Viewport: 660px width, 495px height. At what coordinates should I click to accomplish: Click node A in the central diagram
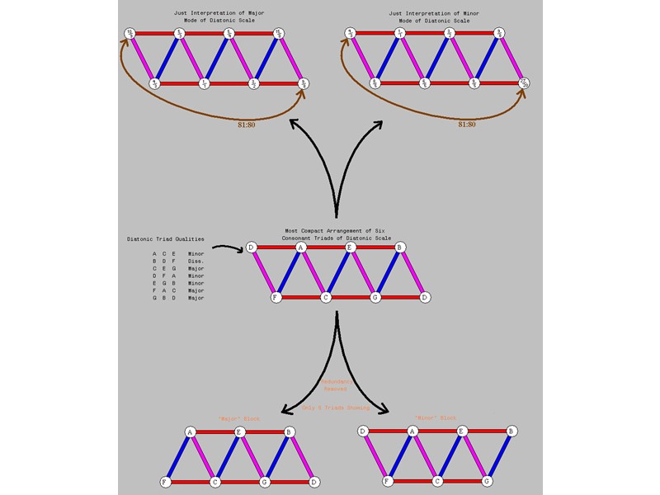point(301,247)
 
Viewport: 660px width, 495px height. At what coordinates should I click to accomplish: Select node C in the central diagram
point(326,297)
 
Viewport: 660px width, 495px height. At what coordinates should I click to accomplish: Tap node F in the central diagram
point(276,297)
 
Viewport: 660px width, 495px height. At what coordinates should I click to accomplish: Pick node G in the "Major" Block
point(264,482)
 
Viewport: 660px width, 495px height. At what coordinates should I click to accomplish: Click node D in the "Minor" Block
point(363,431)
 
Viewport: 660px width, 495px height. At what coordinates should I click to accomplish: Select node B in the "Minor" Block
point(511,431)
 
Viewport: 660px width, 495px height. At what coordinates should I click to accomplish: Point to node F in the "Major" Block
point(165,482)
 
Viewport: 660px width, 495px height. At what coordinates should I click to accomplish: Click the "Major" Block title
point(239,419)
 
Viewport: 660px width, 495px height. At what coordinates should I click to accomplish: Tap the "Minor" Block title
point(436,418)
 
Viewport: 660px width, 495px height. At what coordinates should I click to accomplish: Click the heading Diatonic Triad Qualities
point(165,239)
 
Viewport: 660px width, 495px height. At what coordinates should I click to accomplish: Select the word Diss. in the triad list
point(195,262)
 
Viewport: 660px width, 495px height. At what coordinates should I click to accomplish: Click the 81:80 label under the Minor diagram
point(466,125)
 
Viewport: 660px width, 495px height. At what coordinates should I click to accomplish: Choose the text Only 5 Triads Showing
point(337,408)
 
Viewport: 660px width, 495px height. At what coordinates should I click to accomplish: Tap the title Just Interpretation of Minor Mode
point(434,16)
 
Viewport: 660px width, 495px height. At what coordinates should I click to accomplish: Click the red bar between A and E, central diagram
point(326,247)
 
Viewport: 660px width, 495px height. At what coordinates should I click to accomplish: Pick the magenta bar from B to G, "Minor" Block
point(499,456)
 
